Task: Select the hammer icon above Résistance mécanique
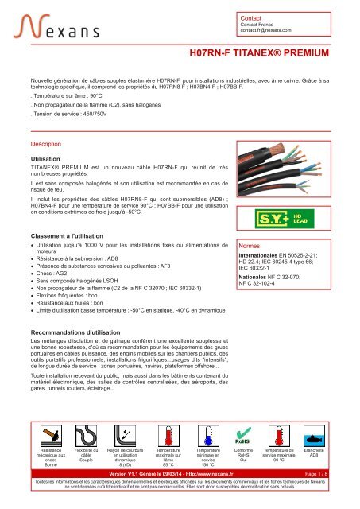(51, 434)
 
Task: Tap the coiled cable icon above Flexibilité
(86, 434)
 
